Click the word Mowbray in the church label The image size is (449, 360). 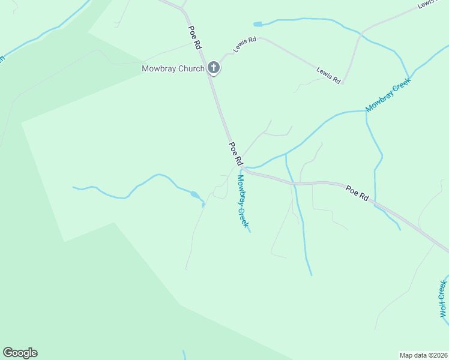pos(157,68)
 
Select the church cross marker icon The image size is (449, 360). pos(214,68)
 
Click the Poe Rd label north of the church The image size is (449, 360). pos(194,37)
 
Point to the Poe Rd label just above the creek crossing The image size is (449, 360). pos(235,154)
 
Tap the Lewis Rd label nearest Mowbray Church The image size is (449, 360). pos(245,44)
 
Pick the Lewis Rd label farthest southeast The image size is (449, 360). pos(329,75)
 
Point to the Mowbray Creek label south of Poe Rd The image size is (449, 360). pos(242,200)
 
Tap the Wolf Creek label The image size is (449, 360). pos(444,298)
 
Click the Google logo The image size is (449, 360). pos(20,353)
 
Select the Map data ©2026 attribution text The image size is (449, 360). pos(424,355)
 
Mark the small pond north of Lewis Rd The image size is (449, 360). pos(258,24)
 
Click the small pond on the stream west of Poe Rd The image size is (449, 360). pos(195,194)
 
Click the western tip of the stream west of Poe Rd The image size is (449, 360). pos(74,187)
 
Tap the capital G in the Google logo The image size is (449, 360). pos(7,352)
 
